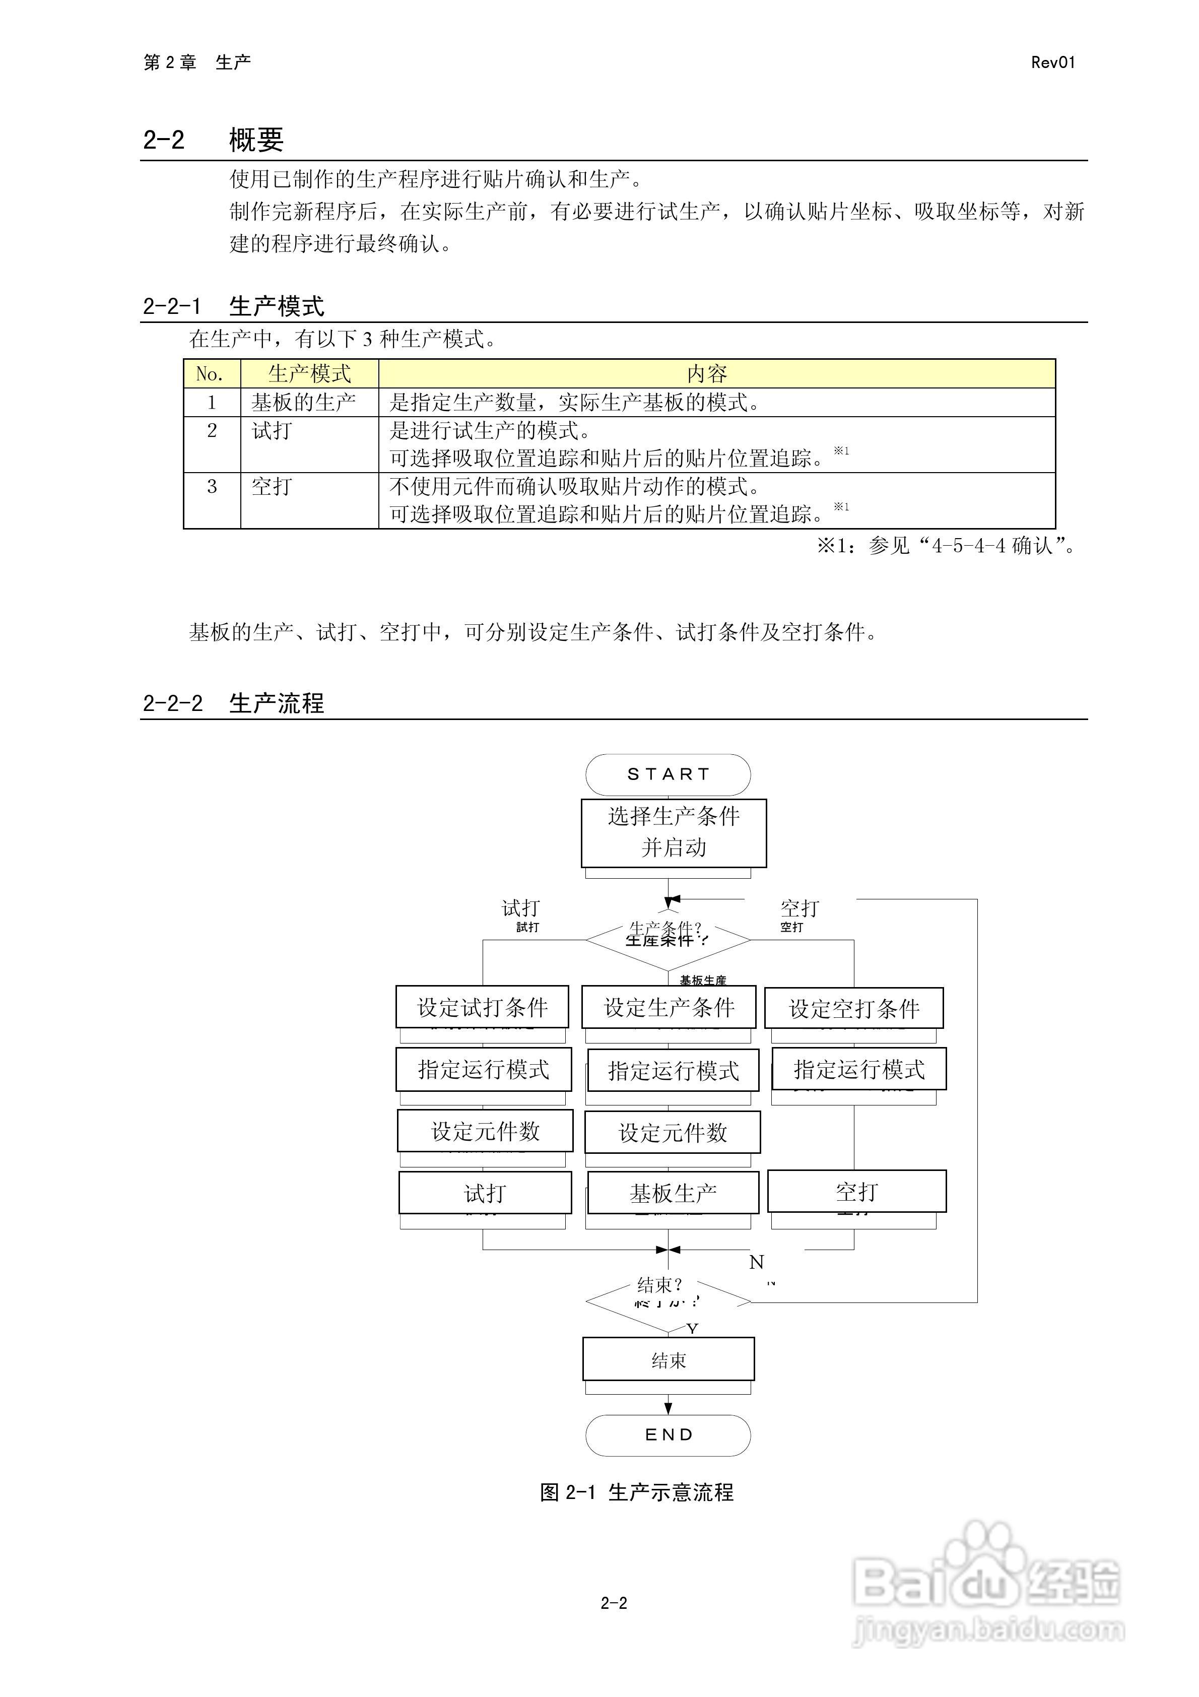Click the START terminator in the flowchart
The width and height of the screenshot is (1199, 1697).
[x=668, y=774]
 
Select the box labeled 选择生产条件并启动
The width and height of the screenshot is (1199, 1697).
[x=674, y=832]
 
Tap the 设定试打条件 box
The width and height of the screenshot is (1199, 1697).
[x=482, y=1007]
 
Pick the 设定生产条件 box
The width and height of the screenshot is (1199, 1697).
[x=668, y=1007]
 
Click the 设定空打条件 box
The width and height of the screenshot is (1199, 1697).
[x=854, y=1008]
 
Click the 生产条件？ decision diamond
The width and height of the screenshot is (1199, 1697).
[x=668, y=939]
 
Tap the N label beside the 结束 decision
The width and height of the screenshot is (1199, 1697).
[x=756, y=1262]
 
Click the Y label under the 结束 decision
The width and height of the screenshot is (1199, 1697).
[x=692, y=1329]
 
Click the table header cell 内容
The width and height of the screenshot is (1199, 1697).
[x=707, y=374]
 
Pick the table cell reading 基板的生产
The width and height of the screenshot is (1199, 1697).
[x=304, y=403]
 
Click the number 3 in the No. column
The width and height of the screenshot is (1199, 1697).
[x=212, y=486]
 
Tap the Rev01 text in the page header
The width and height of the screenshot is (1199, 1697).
[x=1052, y=63]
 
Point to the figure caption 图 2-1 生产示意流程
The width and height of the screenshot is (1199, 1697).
[x=636, y=1492]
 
